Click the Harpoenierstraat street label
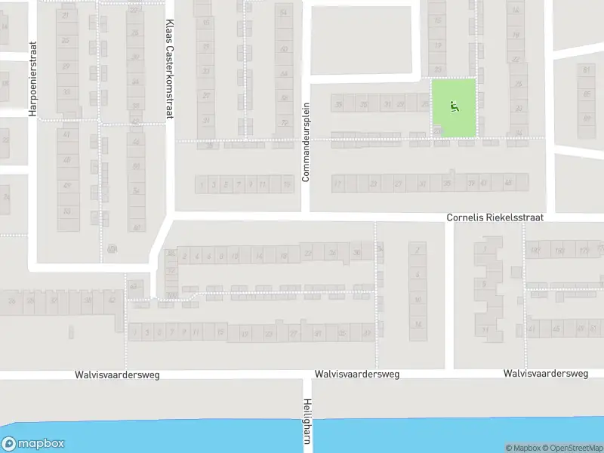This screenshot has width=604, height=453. pyautogui.click(x=32, y=78)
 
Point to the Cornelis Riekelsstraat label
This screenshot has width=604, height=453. pyautogui.click(x=495, y=217)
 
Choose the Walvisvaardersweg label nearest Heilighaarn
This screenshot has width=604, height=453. pyautogui.click(x=356, y=374)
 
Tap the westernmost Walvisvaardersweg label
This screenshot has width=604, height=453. pyautogui.click(x=117, y=374)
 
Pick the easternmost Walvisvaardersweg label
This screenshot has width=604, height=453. pyautogui.click(x=546, y=374)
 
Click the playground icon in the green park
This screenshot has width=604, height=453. pyautogui.click(x=454, y=106)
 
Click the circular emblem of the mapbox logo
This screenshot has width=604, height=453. pyautogui.click(x=9, y=444)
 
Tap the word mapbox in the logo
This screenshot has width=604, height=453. pyautogui.click(x=41, y=444)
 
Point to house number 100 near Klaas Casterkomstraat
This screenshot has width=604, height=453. pyautogui.click(x=171, y=294)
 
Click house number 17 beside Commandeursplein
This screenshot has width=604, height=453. pyautogui.click(x=337, y=183)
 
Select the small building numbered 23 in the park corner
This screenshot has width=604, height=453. pyautogui.click(x=437, y=131)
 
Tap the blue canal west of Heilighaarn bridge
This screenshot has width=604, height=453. pyautogui.click(x=151, y=436)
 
